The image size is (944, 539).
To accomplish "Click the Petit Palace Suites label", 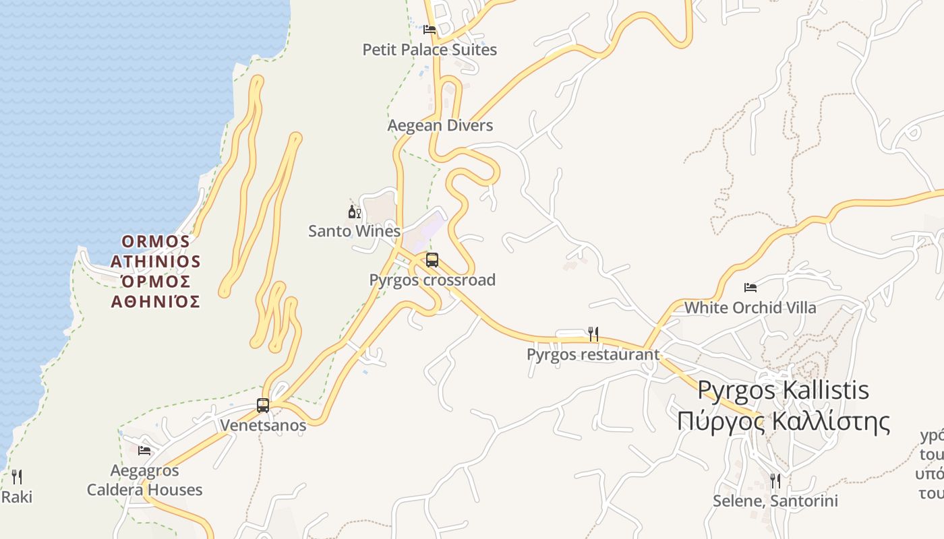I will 430,50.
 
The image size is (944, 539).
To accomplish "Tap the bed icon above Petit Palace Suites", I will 430,30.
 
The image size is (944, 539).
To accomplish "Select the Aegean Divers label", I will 440,125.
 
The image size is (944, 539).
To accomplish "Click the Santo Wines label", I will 354,231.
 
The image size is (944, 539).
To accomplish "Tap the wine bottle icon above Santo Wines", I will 354,212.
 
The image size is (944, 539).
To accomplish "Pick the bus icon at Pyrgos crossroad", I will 432,260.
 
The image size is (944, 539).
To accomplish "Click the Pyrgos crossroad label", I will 432,280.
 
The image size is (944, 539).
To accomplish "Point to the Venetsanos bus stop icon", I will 263,406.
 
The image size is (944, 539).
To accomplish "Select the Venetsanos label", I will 263,426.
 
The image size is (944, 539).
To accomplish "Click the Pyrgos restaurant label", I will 593,354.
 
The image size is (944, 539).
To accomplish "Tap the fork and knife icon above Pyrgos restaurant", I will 593,334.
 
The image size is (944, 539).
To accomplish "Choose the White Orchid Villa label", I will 750,308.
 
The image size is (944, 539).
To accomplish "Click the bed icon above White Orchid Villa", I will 750,288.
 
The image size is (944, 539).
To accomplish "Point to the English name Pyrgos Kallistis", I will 783,390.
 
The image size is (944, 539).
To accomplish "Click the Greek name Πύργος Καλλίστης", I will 784,421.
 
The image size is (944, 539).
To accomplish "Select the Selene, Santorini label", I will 775,501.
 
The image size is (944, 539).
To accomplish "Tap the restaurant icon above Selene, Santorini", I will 775,480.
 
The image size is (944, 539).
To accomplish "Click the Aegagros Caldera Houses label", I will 144,480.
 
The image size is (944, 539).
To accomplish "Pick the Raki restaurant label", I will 17,498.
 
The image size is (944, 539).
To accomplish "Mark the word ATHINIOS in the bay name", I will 156,261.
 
